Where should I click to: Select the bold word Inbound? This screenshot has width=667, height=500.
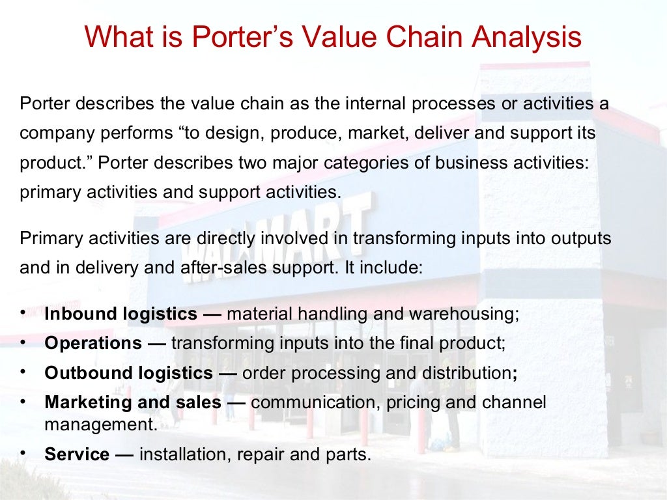pyautogui.click(x=81, y=314)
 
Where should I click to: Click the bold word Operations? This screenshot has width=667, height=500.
pyautogui.click(x=93, y=343)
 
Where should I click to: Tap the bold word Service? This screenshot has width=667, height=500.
pyautogui.click(x=77, y=454)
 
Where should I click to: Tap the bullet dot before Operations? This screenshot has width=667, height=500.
pyautogui.click(x=24, y=342)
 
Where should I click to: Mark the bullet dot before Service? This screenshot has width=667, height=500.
pyautogui.click(x=24, y=452)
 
